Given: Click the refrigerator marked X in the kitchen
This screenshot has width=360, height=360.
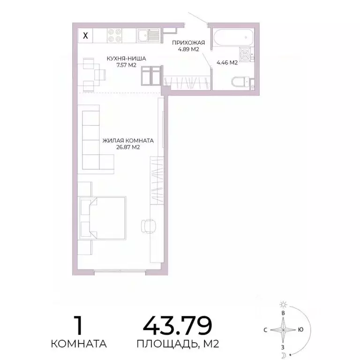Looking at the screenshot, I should click(85, 35).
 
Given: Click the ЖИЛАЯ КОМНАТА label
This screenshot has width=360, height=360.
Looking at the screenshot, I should click(128, 140).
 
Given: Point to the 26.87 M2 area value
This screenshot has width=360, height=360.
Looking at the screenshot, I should click(128, 147).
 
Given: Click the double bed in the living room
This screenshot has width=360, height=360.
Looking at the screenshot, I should click(103, 218).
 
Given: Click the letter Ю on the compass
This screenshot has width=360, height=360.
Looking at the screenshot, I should click(300, 330).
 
